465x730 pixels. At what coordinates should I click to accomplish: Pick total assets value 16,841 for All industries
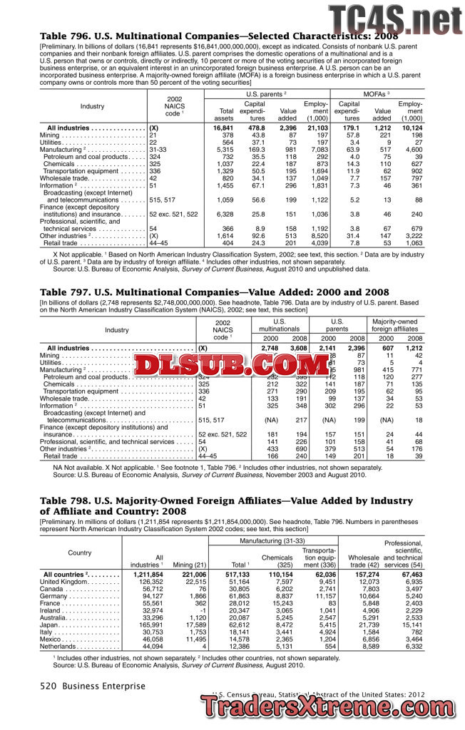point(223,128)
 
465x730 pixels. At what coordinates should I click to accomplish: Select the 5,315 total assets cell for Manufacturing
point(223,150)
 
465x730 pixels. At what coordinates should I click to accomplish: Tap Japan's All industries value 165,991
point(148,624)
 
